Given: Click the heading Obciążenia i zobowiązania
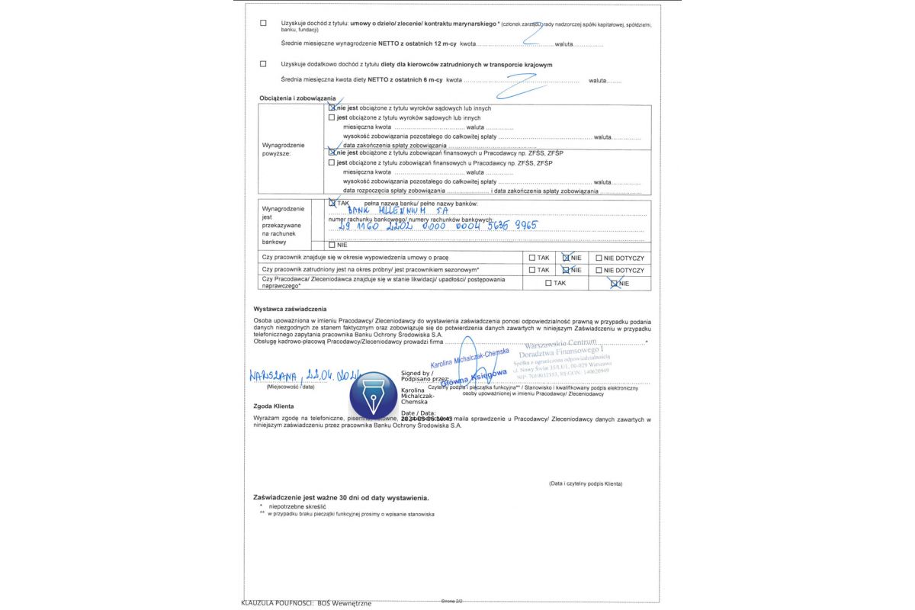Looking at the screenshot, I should [297, 98].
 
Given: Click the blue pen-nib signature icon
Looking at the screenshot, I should [374, 395].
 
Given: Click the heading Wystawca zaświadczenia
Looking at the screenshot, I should [290, 309].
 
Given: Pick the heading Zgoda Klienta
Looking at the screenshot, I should [274, 406].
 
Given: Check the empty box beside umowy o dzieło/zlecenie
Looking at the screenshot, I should [264, 23].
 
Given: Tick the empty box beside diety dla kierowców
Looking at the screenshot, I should [264, 64].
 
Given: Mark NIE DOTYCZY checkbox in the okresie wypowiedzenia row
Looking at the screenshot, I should [599, 258].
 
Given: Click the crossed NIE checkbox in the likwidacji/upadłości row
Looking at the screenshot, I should [615, 284].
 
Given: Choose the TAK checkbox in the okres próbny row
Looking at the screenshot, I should [532, 270].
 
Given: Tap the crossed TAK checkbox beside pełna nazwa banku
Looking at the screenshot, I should [332, 204].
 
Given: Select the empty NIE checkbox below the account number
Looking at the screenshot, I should [332, 245].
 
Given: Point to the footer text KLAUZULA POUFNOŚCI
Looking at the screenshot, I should [306, 603].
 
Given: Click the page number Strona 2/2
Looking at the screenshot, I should [451, 602].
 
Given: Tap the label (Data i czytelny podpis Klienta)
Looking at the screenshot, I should [585, 484].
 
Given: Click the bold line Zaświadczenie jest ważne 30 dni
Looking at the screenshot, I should [341, 497].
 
